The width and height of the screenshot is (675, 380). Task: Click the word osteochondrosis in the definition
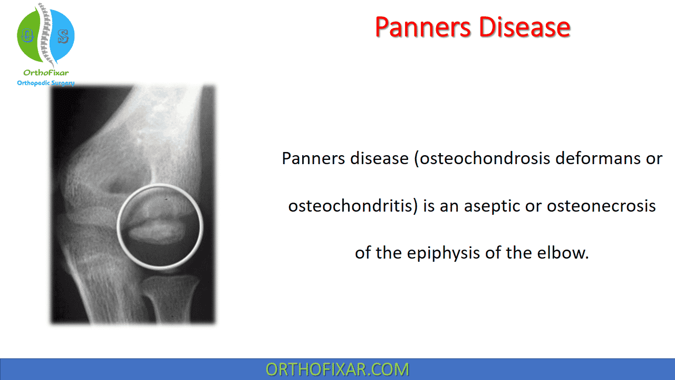(x=485, y=158)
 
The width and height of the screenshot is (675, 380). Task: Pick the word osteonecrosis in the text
(x=601, y=206)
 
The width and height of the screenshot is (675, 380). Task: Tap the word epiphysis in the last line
(x=443, y=253)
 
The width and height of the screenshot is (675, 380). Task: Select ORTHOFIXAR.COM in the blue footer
(x=337, y=369)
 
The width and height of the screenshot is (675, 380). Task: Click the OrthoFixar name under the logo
(x=46, y=73)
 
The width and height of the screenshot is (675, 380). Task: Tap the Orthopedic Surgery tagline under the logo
(x=46, y=83)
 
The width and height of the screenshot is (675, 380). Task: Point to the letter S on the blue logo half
(x=63, y=36)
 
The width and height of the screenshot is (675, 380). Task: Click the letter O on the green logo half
(x=27, y=35)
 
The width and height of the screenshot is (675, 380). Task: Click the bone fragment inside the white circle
(x=157, y=231)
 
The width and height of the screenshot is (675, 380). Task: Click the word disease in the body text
(x=379, y=158)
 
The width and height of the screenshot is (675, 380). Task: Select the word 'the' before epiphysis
(x=389, y=253)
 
